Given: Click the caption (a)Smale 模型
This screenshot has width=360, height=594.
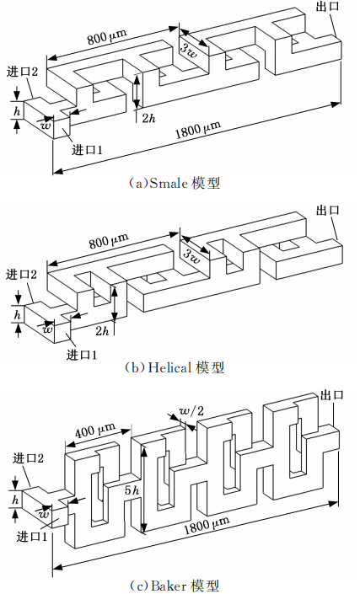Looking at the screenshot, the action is pyautogui.click(x=174, y=183).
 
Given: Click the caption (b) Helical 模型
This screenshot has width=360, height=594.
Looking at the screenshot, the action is pyautogui.click(x=174, y=367).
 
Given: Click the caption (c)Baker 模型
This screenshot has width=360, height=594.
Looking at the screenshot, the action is pyautogui.click(x=174, y=586).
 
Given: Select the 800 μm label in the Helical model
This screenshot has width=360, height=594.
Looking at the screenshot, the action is pyautogui.click(x=109, y=241).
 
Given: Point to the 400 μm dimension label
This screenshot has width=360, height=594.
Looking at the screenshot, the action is pyautogui.click(x=95, y=430).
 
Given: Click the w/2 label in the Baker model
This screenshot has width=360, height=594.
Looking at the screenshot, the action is pyautogui.click(x=191, y=411).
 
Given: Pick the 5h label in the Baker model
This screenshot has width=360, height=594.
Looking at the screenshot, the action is pyautogui.click(x=132, y=490).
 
